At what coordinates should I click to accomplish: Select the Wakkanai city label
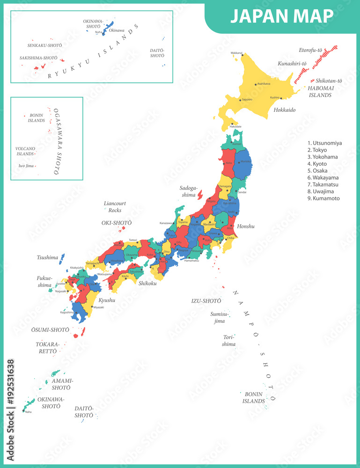tap(237, 53)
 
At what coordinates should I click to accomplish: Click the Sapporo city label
tap(247, 100)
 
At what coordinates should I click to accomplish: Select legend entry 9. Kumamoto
tap(323, 198)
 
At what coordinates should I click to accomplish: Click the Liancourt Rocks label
tap(115, 207)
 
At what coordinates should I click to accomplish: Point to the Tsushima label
tap(47, 257)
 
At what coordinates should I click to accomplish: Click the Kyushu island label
tap(106, 300)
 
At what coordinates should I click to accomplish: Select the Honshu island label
tap(246, 226)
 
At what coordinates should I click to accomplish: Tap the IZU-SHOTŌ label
tap(206, 301)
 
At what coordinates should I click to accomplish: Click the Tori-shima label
tap(229, 340)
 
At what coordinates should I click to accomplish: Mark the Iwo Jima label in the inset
tap(25, 166)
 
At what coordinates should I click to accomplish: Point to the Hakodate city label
tap(235, 127)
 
